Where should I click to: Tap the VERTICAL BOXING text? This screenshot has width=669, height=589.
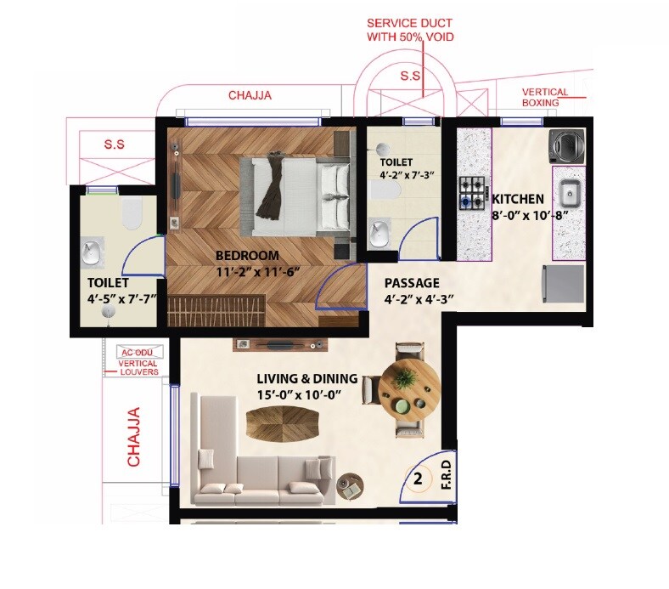coord(545,97)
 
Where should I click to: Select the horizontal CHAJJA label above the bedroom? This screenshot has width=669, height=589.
coord(250,96)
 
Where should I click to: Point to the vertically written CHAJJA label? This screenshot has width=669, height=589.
coord(133,436)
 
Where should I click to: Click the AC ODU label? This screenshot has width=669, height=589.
coord(138,351)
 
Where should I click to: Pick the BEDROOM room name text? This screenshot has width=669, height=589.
coord(246,256)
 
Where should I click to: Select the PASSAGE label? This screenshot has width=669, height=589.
coord(411,283)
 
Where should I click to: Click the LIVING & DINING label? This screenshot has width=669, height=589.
coord(307,379)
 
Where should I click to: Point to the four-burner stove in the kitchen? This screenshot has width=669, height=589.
coord(472,193)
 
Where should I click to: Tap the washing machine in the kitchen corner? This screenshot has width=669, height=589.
coord(566,144)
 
